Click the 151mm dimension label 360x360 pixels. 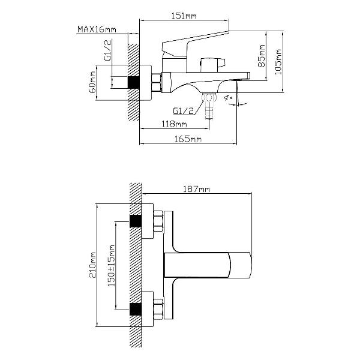coord(184,16)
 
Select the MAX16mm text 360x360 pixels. coord(97,29)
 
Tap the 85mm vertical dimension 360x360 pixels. coord(262,56)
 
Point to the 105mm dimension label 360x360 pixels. coord(278,62)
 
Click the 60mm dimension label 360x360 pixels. coord(92,82)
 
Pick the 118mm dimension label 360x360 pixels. coord(174,124)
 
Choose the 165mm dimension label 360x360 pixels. coord(188,139)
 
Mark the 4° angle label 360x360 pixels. coord(228,98)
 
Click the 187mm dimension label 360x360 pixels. coord(197,189)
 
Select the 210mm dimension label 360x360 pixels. coord(92,265)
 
